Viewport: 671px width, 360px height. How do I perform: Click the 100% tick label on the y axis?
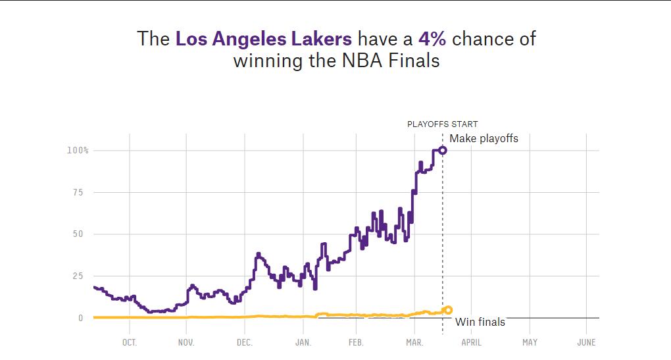pyautogui.click(x=77, y=151)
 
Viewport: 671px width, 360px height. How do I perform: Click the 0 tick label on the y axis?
pyautogui.click(x=81, y=318)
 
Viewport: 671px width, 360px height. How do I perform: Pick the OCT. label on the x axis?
pyautogui.click(x=129, y=342)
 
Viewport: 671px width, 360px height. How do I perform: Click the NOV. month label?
pyautogui.click(x=186, y=342)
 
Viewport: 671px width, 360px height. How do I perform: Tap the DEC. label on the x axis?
pyautogui.click(x=244, y=342)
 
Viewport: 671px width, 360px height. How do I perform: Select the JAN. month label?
pyautogui.click(x=303, y=342)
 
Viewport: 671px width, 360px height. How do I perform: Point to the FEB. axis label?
pyautogui.click(x=355, y=342)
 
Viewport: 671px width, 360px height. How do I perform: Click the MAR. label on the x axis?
pyautogui.click(x=414, y=342)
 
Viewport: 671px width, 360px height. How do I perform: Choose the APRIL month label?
pyautogui.click(x=471, y=342)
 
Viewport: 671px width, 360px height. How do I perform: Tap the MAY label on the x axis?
pyautogui.click(x=530, y=342)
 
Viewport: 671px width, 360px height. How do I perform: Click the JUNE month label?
pyautogui.click(x=586, y=342)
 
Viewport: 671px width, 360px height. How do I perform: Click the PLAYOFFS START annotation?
pyautogui.click(x=442, y=124)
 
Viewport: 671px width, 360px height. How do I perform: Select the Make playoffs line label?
pyautogui.click(x=484, y=138)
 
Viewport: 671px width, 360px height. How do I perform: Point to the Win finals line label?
pyautogui.click(x=480, y=322)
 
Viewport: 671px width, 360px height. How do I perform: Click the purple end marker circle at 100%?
pyautogui.click(x=443, y=151)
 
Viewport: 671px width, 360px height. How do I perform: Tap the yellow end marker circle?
pyautogui.click(x=448, y=309)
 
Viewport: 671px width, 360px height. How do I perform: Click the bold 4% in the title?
pyautogui.click(x=432, y=39)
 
